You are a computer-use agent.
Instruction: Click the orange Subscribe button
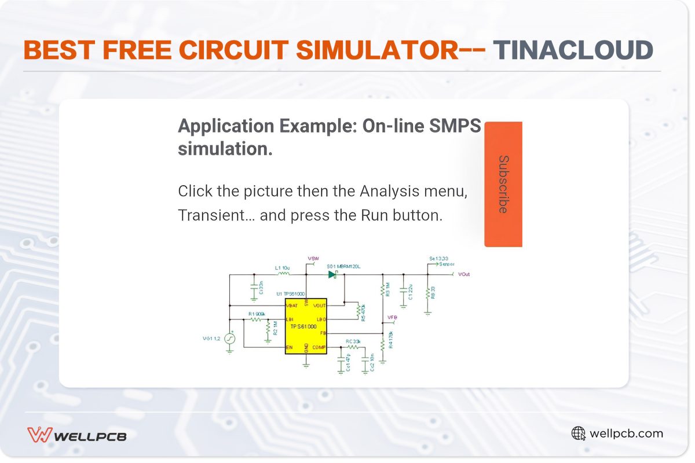pyautogui.click(x=503, y=184)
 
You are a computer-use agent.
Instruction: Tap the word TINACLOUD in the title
pyautogui.click(x=573, y=50)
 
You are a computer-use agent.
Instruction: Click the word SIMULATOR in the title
pyautogui.click(x=377, y=50)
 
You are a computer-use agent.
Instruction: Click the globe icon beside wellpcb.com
pyautogui.click(x=578, y=433)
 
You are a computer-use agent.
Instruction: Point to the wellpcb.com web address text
pyautogui.click(x=626, y=433)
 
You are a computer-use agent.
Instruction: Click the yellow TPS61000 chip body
pyautogui.click(x=306, y=326)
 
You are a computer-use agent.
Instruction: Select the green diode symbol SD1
pyautogui.click(x=332, y=274)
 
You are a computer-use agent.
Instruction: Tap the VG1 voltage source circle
pyautogui.click(x=230, y=338)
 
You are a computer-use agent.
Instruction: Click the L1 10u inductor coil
pyautogui.click(x=283, y=274)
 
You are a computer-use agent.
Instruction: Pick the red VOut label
pyautogui.click(x=464, y=274)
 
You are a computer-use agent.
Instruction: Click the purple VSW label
pyautogui.click(x=313, y=258)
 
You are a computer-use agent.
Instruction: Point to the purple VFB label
pyautogui.click(x=392, y=317)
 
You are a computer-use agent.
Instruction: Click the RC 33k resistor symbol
pyautogui.click(x=353, y=347)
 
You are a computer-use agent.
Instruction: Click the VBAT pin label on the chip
pyautogui.click(x=292, y=305)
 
